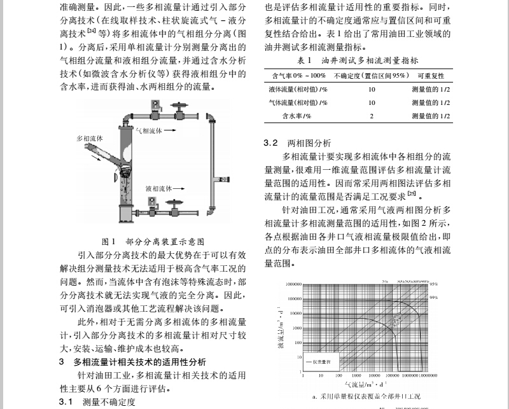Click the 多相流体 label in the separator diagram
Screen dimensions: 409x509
pyautogui.click(x=90, y=137)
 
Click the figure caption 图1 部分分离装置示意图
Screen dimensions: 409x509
pyautogui.click(x=153, y=242)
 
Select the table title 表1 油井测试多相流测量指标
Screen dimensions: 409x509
pyautogui.click(x=357, y=61)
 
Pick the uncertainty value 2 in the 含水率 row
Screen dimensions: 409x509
pyautogui.click(x=372, y=116)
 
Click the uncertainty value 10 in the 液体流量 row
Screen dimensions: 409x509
pyautogui.click(x=372, y=89)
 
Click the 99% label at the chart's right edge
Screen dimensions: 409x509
pyautogui.click(x=434, y=297)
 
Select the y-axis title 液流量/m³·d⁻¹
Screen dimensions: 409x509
pyautogui.click(x=281, y=328)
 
